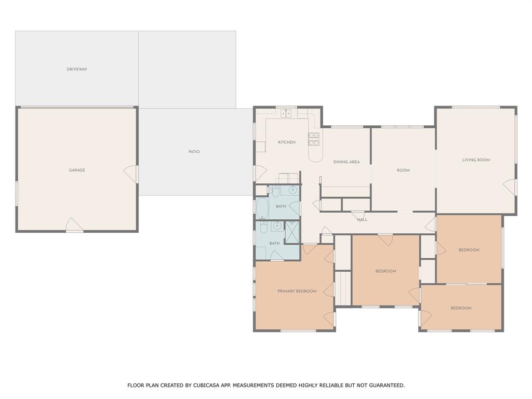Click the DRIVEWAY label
pos(77,69)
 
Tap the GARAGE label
pos(77,170)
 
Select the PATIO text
pos(194,152)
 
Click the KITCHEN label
pos(286,142)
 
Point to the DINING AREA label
pos(347,162)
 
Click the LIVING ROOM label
pos(476,160)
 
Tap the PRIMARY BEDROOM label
pos(297,291)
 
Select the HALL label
pos(362,220)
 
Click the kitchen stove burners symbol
pos(314,139)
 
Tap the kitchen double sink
pos(286,113)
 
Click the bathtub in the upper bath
pos(262,208)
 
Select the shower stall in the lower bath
pos(292,232)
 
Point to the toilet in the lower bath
pos(263,227)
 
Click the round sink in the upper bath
pos(293,190)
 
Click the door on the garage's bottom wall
pos(74,225)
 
